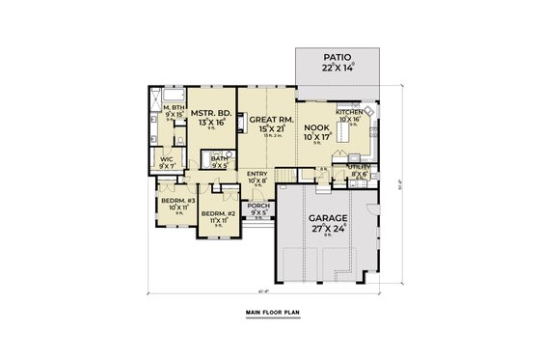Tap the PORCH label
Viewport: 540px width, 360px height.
coord(258,206)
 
